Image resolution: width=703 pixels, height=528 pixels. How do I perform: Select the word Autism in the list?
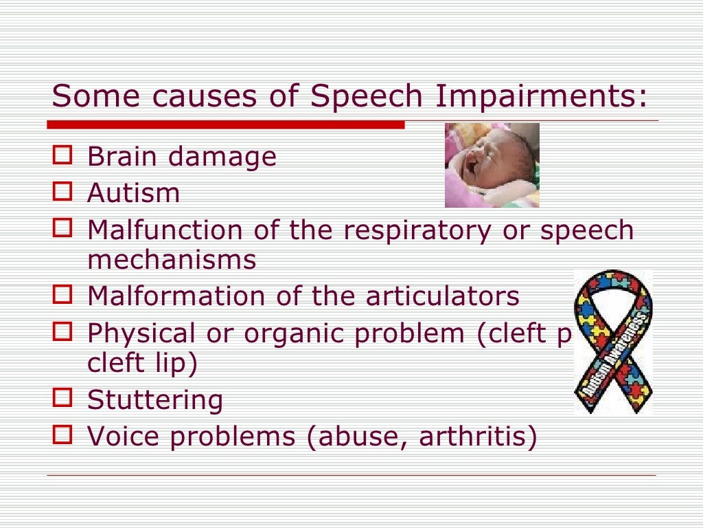(x=133, y=193)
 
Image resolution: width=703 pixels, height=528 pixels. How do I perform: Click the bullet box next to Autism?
(x=62, y=191)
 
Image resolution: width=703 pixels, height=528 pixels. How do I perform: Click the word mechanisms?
(x=172, y=261)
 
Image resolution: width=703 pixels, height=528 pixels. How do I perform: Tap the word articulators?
(x=442, y=296)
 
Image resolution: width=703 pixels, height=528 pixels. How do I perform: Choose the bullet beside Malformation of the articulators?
(x=62, y=295)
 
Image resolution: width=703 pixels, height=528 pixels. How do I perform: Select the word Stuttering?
(x=155, y=399)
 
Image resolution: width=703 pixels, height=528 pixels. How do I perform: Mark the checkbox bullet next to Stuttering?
(x=62, y=397)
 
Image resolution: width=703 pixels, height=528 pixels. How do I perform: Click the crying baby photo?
(x=492, y=165)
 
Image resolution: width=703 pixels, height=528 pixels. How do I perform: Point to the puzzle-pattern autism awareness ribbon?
(x=613, y=342)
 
